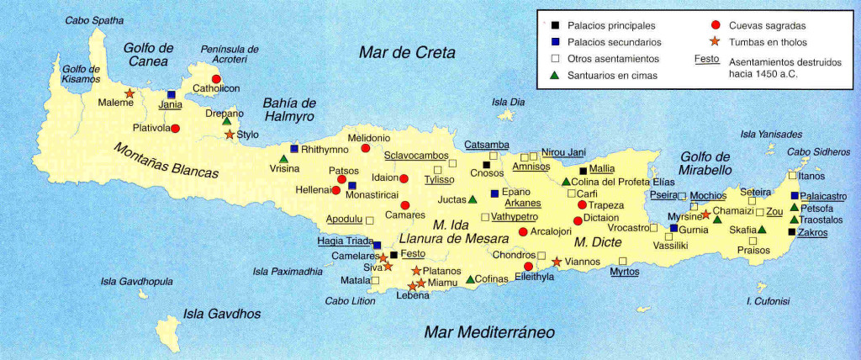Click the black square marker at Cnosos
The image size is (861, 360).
pos(486,165)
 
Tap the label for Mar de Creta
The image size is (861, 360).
pos(407,53)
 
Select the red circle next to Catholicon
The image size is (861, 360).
pos(216,78)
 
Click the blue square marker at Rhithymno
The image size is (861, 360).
pos(294,149)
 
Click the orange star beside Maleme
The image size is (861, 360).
pos(129,93)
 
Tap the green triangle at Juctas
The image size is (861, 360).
pos(473,199)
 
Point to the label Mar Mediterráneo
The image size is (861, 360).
pos(489,331)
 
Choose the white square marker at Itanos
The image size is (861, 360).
pos(792,176)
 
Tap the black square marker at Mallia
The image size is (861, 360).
pos(582,169)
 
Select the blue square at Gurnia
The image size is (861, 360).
pos(673,228)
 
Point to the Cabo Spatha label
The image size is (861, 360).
pos(94,19)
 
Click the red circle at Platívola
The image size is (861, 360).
pos(176,128)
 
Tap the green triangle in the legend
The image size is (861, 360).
pos(555,76)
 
